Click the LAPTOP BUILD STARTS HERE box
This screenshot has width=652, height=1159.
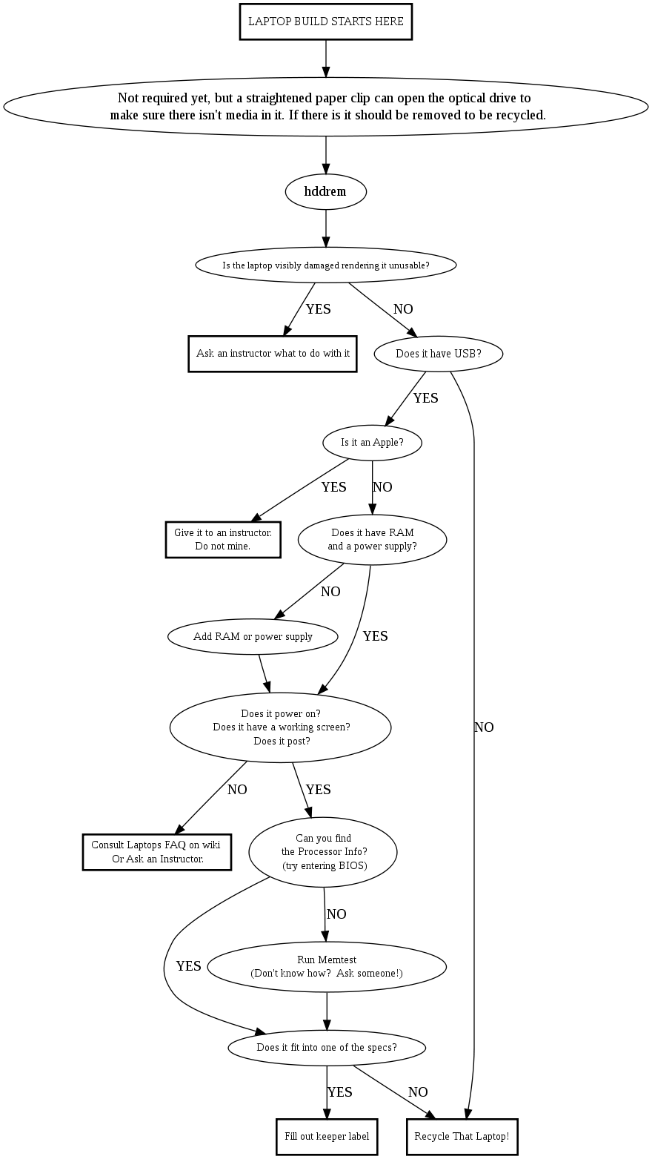tap(326, 22)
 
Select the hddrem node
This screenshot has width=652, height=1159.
tap(325, 191)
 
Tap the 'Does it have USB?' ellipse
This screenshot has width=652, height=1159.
tap(439, 354)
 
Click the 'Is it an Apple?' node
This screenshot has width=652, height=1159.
tap(372, 443)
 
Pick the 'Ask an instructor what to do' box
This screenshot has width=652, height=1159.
tap(273, 354)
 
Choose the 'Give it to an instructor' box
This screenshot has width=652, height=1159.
tap(223, 539)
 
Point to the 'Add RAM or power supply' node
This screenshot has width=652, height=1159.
tap(253, 636)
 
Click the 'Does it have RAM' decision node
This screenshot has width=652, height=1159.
tap(372, 539)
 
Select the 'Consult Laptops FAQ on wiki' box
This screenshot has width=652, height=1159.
tap(156, 851)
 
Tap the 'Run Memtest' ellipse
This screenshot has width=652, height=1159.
tap(327, 966)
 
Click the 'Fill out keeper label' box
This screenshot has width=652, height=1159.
tap(327, 1136)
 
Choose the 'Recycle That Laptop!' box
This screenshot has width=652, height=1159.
tap(462, 1136)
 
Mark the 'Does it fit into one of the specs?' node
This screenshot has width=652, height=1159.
tap(327, 1047)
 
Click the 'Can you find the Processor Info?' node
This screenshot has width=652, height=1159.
tap(323, 851)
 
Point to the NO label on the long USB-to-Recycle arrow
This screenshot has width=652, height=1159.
tap(484, 727)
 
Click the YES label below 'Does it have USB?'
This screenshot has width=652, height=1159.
tap(425, 398)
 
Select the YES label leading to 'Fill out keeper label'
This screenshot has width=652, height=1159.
tap(339, 1092)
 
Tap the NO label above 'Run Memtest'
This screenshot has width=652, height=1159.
tap(336, 914)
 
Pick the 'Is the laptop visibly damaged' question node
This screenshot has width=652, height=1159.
tap(326, 265)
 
